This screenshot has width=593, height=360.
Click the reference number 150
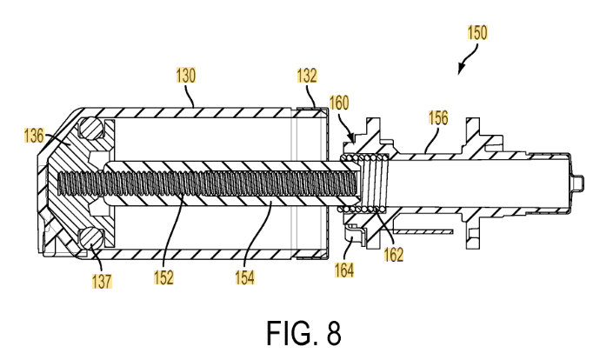(x=477, y=32)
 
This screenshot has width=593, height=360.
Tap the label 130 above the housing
(x=186, y=76)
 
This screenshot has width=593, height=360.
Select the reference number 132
(x=307, y=76)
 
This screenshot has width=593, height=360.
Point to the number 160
(x=339, y=103)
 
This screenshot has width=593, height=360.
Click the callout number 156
(x=438, y=117)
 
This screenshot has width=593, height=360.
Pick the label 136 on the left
(x=34, y=136)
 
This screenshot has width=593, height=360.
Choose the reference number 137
(x=102, y=281)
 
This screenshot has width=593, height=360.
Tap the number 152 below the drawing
(x=163, y=277)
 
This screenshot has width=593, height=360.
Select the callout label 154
(x=244, y=277)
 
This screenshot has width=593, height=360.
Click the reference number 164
(x=344, y=270)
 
